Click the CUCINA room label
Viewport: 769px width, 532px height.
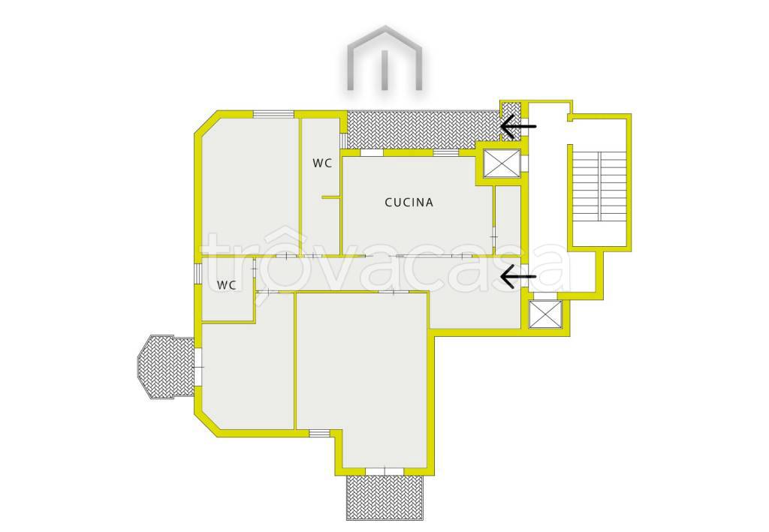click(409, 203)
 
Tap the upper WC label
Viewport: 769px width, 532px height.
click(322, 163)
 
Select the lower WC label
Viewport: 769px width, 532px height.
click(227, 284)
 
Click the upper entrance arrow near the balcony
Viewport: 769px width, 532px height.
click(518, 126)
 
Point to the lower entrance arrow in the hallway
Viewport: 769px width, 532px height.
click(518, 276)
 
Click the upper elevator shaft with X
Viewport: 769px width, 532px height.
click(501, 163)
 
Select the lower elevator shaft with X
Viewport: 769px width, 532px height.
click(545, 314)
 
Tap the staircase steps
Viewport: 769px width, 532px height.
click(599, 185)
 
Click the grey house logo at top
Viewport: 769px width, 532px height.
click(385, 58)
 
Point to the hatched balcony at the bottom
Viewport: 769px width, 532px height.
click(384, 497)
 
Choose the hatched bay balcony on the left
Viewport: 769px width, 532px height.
click(166, 368)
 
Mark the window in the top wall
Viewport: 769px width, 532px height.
click(273, 115)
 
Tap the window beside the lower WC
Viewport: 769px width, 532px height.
click(198, 273)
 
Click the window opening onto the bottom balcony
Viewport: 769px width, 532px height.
click(384, 471)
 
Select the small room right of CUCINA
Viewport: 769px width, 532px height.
click(508, 221)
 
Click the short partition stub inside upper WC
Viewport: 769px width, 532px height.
click(331, 197)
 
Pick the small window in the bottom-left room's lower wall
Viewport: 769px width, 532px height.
click(319, 433)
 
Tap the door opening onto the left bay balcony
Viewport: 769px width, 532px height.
click(198, 367)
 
